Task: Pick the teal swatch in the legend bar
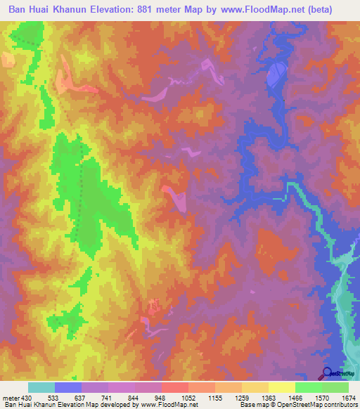(x=41, y=387)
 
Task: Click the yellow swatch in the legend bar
(x=281, y=387)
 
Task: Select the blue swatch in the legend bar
(x=68, y=387)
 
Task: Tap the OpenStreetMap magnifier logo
(x=327, y=374)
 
